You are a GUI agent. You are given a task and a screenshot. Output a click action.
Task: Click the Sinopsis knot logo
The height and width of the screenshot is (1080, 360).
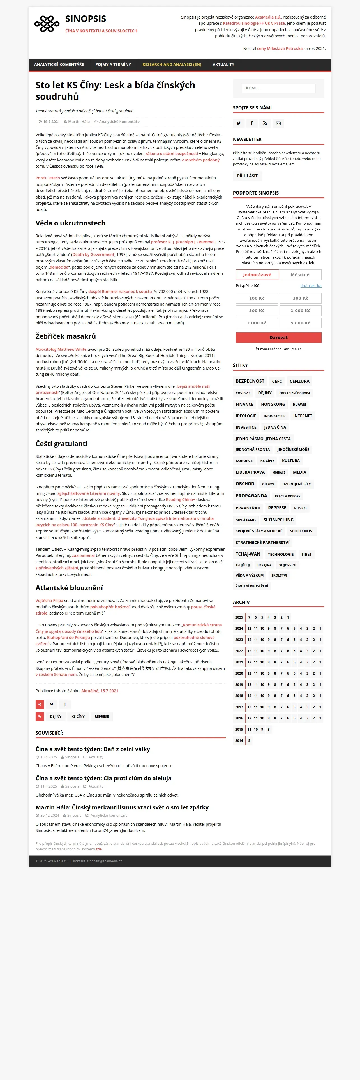coord(47,24)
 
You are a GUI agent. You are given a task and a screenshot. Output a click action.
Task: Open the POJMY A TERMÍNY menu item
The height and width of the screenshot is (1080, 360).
coord(113,64)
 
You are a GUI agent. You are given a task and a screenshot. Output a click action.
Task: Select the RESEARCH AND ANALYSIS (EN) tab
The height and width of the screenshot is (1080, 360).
coord(171,64)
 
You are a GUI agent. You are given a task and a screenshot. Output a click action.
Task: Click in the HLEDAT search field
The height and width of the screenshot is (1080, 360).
coord(278,89)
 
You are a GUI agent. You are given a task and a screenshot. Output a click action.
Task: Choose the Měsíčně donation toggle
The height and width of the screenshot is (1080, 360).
coord(300,274)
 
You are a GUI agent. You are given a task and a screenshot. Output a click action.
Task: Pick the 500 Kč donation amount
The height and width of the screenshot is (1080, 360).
coord(257,311)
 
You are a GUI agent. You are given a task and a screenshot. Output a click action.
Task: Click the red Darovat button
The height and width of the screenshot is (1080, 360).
coord(278,338)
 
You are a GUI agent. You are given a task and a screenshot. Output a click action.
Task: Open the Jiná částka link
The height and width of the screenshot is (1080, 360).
coord(311,285)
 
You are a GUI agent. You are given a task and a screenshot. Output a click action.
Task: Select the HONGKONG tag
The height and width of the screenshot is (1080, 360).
coord(273,404)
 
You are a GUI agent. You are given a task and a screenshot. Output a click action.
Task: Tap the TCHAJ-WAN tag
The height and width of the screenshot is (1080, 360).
coord(248,554)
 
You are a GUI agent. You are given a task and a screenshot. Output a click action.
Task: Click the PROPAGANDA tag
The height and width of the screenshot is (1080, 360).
coord(251,495)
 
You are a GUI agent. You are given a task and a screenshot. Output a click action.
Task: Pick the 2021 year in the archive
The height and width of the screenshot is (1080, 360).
coord(239,662)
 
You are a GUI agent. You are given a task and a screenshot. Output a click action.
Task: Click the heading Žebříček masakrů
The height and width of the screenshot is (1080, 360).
coord(66,336)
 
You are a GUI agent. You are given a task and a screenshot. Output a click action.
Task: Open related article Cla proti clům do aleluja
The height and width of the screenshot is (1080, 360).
coord(103,778)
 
